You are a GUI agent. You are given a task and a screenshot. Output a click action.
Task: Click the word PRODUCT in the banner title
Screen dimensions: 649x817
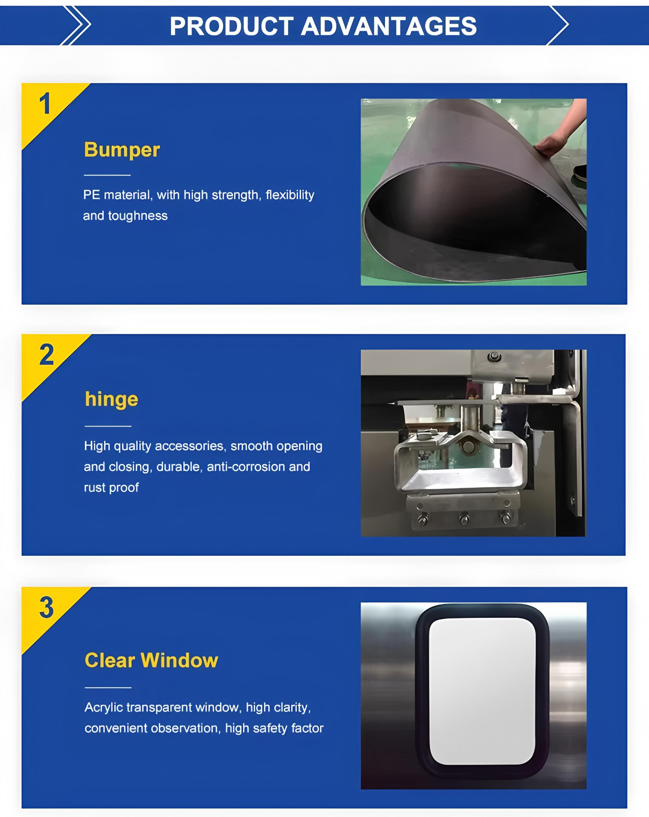coord(232,26)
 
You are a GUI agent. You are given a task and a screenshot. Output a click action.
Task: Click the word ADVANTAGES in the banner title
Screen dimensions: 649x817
coord(389,26)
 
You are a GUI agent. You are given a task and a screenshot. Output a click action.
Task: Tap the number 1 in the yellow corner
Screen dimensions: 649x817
coord(45,104)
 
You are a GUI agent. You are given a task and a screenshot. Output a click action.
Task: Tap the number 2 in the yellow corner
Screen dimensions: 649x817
coord(47,355)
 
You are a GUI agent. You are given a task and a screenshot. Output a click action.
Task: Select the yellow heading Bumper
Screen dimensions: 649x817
coord(122,150)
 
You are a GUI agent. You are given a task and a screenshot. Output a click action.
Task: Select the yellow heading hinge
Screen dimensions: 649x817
coord(112,400)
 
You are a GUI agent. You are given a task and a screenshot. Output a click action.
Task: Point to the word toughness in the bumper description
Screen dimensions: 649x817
coord(138,216)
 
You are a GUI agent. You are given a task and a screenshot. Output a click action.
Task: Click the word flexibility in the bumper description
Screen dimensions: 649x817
coord(290,195)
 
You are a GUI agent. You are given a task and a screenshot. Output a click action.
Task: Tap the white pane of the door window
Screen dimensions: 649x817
coord(482,692)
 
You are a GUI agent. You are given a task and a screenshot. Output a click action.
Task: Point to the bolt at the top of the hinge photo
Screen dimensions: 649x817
coord(494,356)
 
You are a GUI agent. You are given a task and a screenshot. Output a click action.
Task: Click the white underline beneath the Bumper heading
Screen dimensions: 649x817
coord(107,175)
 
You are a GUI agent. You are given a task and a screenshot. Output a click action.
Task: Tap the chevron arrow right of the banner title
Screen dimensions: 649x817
coord(558,25)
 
